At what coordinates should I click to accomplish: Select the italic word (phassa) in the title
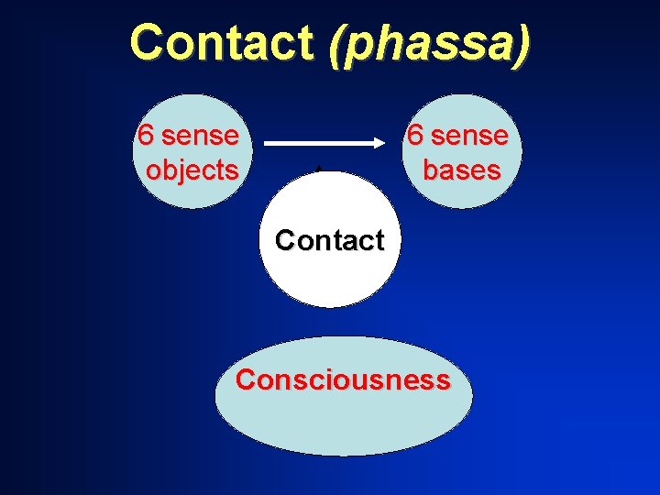(x=433, y=44)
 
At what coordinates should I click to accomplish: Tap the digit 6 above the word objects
(x=145, y=136)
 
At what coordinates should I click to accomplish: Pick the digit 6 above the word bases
(x=415, y=136)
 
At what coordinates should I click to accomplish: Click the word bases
(x=461, y=170)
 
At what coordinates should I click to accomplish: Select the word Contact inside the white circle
(x=329, y=240)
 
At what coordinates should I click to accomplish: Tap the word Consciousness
(x=343, y=379)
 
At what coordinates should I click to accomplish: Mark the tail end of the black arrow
(x=267, y=143)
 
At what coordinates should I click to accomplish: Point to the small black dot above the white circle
(x=318, y=168)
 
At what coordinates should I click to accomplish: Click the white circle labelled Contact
(x=329, y=275)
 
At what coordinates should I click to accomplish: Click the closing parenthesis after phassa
(x=522, y=44)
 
